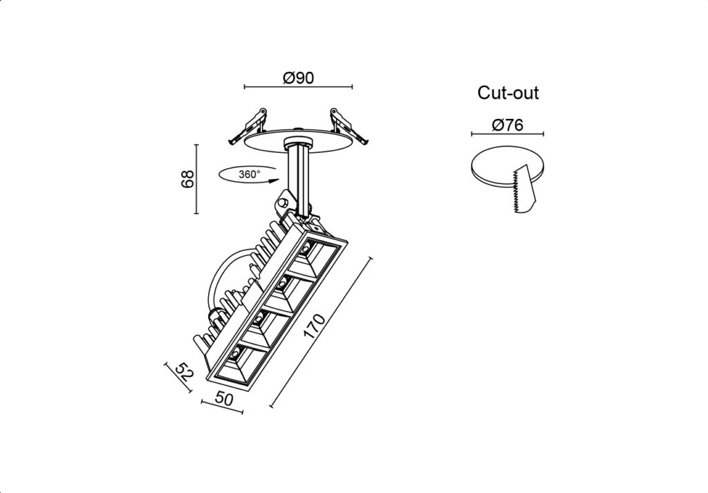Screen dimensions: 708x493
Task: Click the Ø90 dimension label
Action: tap(298, 77)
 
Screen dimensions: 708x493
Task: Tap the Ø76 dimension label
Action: tap(507, 124)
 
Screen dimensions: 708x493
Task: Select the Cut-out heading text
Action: tap(508, 93)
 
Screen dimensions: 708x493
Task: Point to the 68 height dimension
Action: tap(188, 178)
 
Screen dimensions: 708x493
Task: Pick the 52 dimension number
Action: tap(184, 371)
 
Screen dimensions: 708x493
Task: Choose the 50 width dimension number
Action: tap(225, 399)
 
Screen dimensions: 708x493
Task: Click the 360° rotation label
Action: tap(249, 174)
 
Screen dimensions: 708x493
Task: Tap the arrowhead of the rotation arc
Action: tap(272, 181)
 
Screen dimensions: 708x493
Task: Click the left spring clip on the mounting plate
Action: tap(248, 126)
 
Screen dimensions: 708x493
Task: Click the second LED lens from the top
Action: tap(283, 283)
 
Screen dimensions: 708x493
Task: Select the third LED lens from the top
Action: tap(259, 319)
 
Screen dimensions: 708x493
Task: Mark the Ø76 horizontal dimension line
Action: tap(507, 133)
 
